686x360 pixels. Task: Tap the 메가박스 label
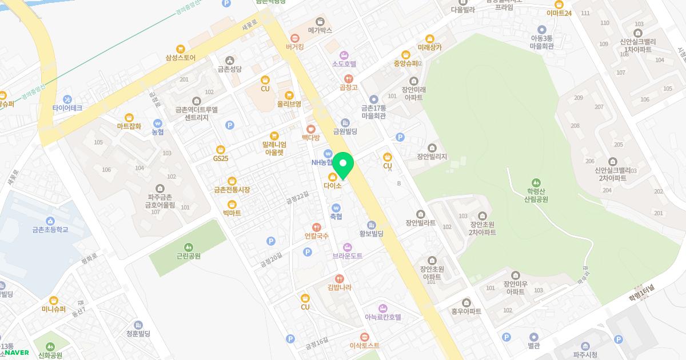point(320,30)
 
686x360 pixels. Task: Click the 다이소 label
point(332,186)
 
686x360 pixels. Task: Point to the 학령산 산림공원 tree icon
point(536,182)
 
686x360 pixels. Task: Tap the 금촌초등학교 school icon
point(50,221)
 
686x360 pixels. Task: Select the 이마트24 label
point(559,13)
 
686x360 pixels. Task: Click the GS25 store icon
point(220,150)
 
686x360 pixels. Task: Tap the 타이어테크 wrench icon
point(67,99)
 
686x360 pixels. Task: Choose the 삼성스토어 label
point(181,58)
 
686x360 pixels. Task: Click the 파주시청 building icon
point(585,346)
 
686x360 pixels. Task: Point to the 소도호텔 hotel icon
point(344,55)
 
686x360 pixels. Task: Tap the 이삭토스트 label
point(365,346)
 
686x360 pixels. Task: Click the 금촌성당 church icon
point(230,60)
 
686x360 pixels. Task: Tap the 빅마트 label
point(232,213)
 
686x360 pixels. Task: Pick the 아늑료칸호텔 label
point(382,317)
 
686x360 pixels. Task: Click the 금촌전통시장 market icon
point(232,181)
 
